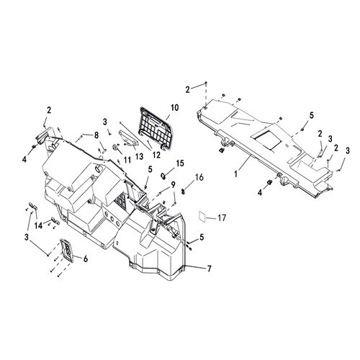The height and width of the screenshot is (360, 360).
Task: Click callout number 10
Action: tap(175, 108)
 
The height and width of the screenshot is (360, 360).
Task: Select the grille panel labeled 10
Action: tap(156, 129)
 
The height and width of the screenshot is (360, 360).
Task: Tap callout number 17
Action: tap(222, 218)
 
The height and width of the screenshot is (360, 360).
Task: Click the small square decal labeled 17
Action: tap(202, 216)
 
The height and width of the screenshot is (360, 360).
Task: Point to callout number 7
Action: tap(210, 269)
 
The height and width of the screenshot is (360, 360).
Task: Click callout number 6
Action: tap(86, 258)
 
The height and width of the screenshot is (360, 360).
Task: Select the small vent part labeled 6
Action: tap(67, 250)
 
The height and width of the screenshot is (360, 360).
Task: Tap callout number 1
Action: tap(236, 174)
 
